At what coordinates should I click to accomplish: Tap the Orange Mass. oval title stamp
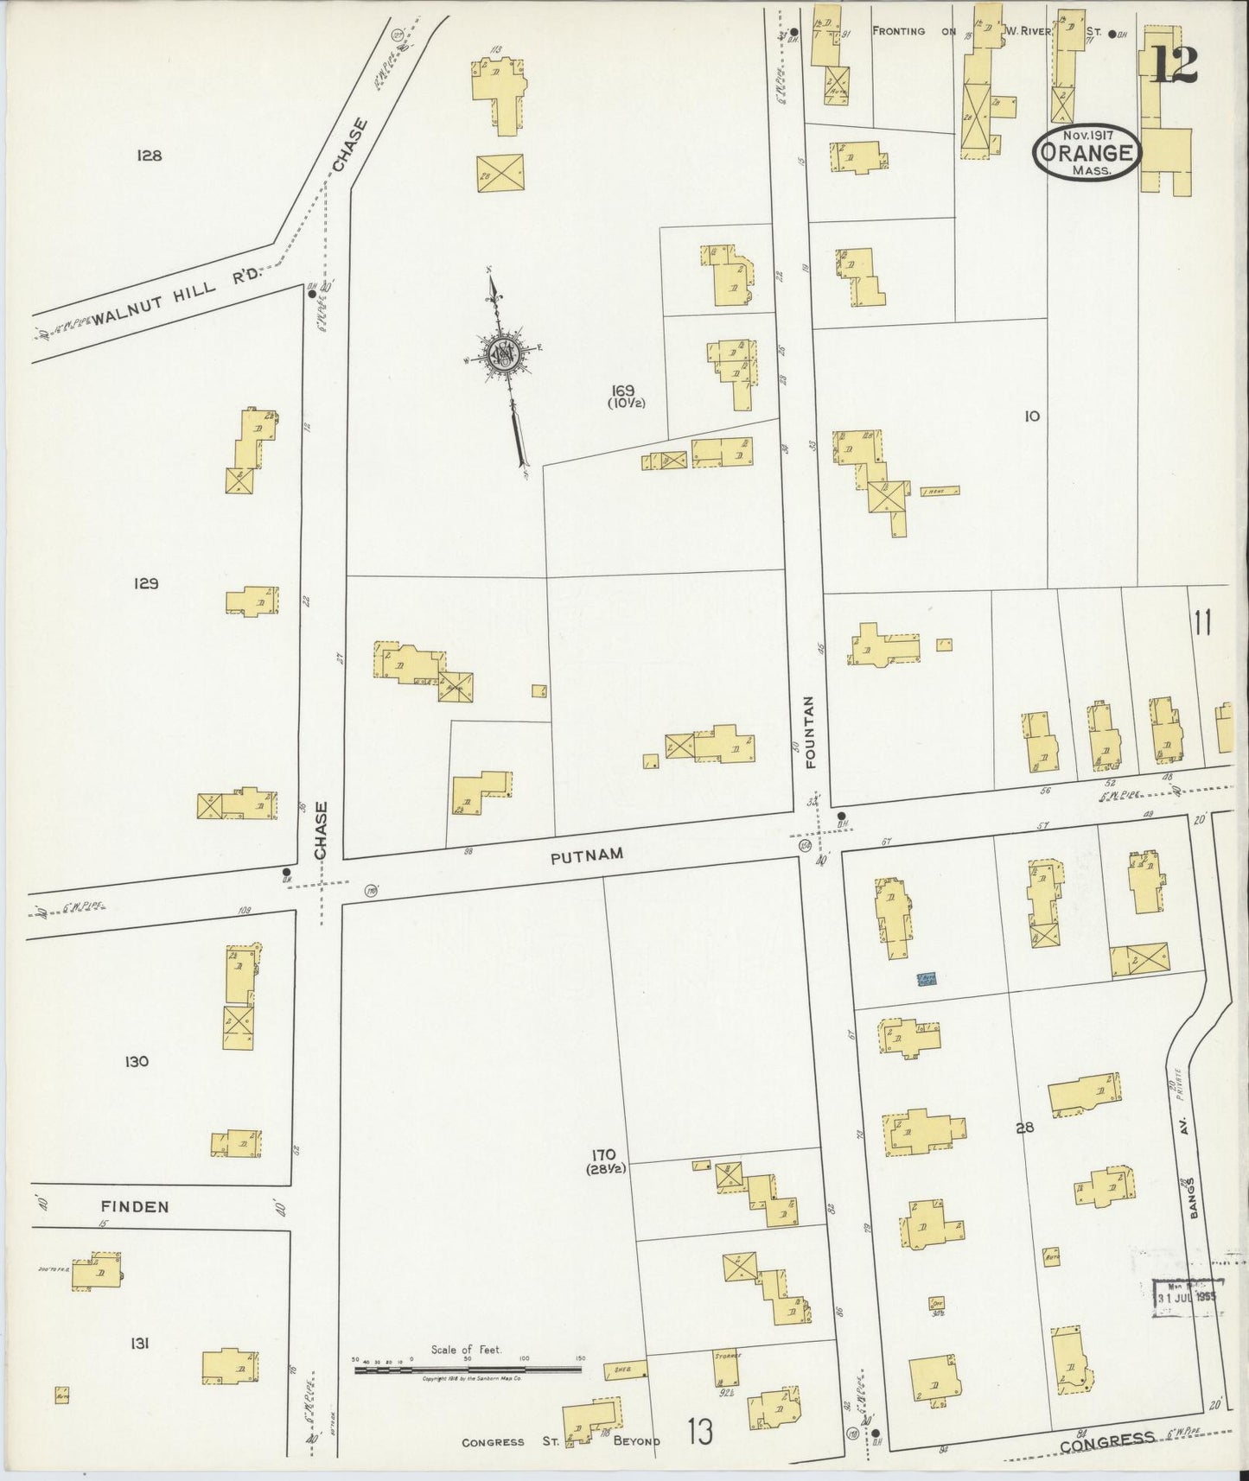tap(1087, 153)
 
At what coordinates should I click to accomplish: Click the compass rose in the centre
tap(503, 354)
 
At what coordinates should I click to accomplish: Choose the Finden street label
tap(134, 1206)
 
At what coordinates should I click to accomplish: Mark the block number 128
tap(150, 156)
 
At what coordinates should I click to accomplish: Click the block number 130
tap(136, 1061)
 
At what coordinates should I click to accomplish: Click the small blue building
tap(927, 978)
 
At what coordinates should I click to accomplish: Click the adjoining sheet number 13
tap(700, 1433)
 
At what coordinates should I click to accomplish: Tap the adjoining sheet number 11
tap(1201, 622)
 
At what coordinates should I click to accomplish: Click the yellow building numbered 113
tap(500, 91)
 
